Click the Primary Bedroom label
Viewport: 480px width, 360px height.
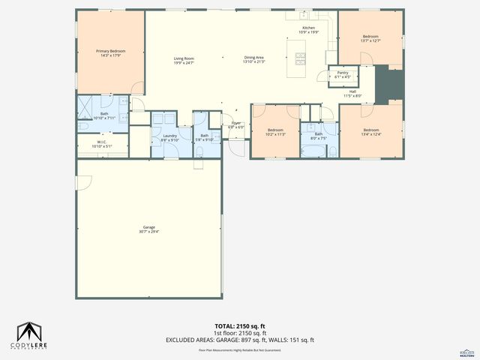tap(110, 52)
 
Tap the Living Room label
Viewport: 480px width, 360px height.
tap(184, 60)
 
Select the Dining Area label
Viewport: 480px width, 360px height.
tap(254, 60)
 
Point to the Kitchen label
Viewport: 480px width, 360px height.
tap(308, 30)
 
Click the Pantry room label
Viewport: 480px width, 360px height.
tap(342, 74)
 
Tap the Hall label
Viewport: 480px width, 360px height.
tap(352, 94)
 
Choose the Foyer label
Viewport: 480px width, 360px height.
tap(236, 124)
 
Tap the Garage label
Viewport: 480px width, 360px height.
tap(149, 229)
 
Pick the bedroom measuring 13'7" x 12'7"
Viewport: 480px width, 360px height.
tap(370, 39)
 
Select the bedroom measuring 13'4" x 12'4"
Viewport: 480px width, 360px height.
tap(370, 132)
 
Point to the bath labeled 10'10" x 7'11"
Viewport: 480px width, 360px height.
tap(104, 115)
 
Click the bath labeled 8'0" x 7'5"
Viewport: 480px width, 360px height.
tap(318, 136)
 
